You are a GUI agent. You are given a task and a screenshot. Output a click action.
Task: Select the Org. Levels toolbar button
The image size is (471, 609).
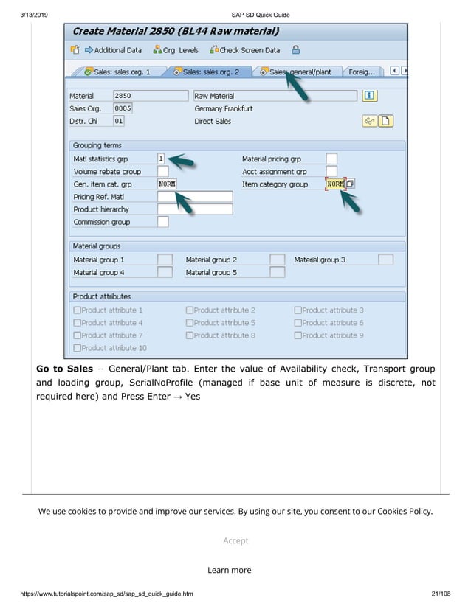(x=175, y=50)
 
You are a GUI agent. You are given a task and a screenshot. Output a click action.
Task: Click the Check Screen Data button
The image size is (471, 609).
(x=244, y=50)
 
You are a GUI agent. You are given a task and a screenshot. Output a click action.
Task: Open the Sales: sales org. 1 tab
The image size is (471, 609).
(x=117, y=72)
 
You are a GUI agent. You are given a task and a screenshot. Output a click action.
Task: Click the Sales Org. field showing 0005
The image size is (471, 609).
(x=123, y=108)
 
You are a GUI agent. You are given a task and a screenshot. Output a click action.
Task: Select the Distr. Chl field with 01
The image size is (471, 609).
(x=118, y=121)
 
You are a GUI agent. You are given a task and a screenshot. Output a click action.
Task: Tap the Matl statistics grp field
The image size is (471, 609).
(x=161, y=159)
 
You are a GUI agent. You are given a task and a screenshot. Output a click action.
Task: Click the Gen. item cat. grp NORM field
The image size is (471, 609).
(x=167, y=184)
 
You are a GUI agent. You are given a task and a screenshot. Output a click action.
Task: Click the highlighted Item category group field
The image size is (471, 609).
(x=335, y=184)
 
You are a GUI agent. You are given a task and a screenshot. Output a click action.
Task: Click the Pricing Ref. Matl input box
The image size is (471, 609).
(x=195, y=197)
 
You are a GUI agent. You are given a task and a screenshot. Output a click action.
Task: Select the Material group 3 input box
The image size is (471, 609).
(x=385, y=260)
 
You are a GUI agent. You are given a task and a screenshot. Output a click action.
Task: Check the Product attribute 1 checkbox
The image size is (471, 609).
(x=78, y=310)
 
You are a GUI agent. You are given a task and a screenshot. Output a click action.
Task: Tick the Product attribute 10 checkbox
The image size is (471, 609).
(x=78, y=348)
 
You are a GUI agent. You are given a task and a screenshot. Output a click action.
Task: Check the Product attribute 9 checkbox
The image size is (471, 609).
(x=298, y=335)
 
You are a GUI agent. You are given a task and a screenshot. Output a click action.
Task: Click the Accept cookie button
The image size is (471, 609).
(x=235, y=540)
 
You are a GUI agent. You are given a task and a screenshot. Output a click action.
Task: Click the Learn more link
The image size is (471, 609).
(x=229, y=570)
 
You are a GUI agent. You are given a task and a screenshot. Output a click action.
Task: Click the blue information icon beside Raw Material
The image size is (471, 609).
(x=370, y=96)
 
